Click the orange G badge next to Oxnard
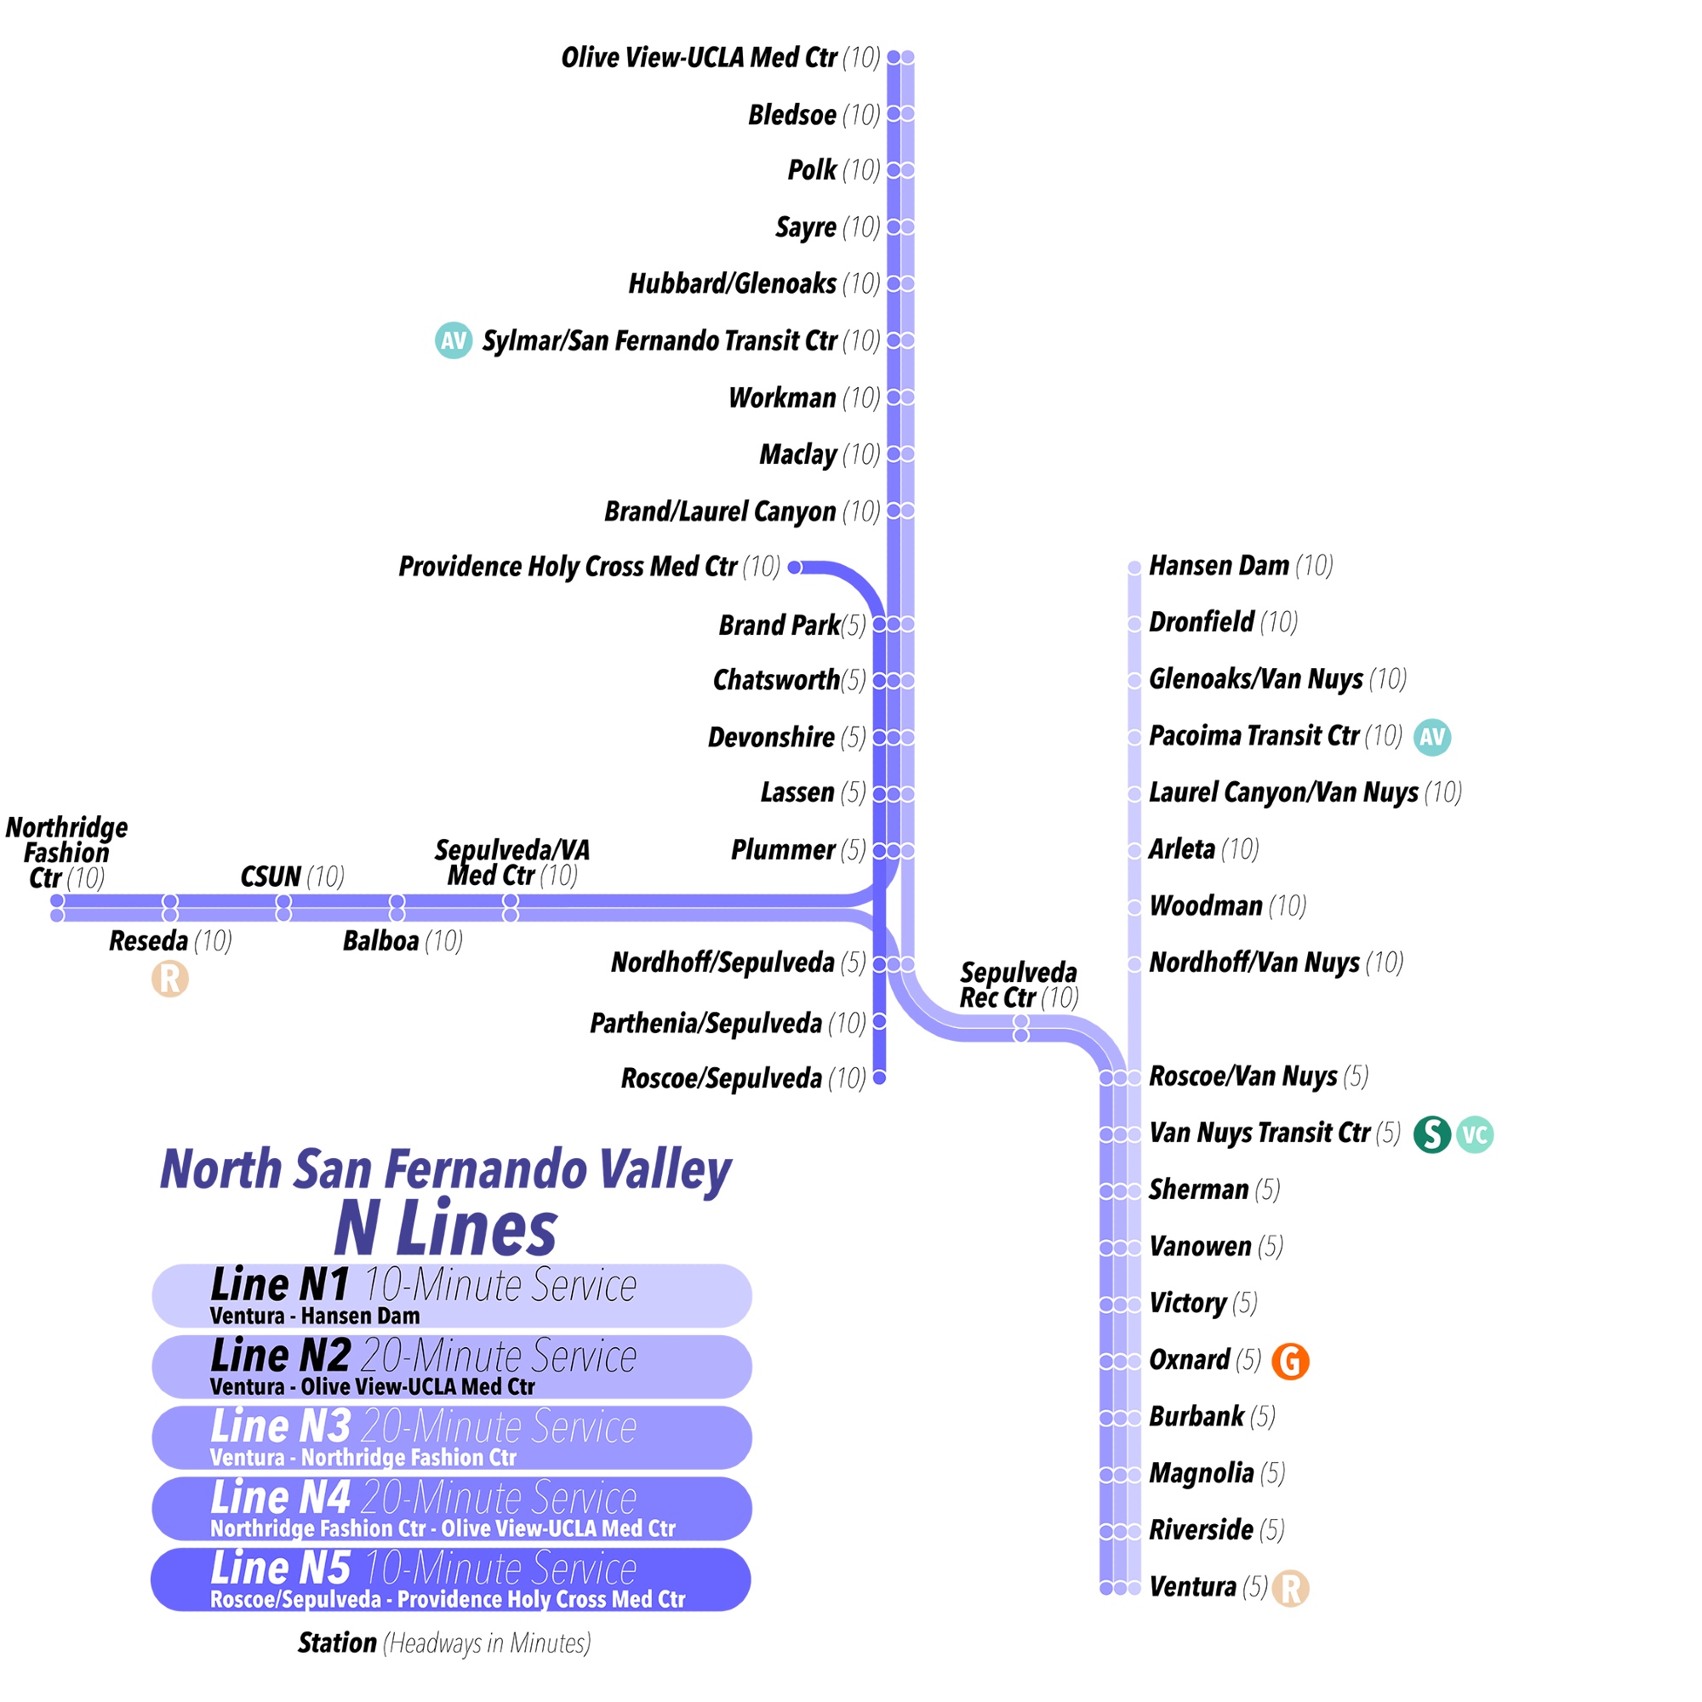(x=1290, y=1361)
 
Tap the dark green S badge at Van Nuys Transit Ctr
(x=1431, y=1134)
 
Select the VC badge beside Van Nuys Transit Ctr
(x=1475, y=1134)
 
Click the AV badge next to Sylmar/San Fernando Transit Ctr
(x=454, y=340)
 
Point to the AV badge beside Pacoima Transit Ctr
(x=1431, y=736)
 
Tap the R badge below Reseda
(x=170, y=979)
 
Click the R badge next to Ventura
(x=1291, y=1588)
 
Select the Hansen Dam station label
(x=1219, y=566)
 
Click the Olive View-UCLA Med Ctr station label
(x=699, y=58)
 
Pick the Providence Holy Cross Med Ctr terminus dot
(x=795, y=568)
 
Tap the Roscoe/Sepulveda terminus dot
(x=879, y=1077)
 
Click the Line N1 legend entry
(x=451, y=1296)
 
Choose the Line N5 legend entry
(x=451, y=1579)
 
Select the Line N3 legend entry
(x=451, y=1437)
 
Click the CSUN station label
(x=271, y=877)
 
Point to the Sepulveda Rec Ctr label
(x=1018, y=985)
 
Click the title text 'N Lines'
(x=446, y=1230)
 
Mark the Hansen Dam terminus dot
(x=1134, y=568)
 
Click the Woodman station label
(x=1205, y=905)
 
